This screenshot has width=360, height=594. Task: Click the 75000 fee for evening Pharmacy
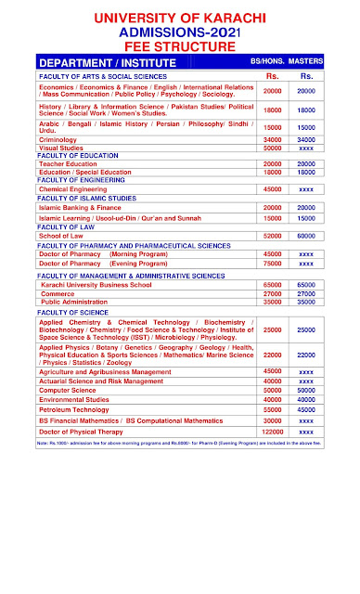click(x=273, y=263)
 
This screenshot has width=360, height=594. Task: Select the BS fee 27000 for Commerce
click(x=273, y=293)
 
